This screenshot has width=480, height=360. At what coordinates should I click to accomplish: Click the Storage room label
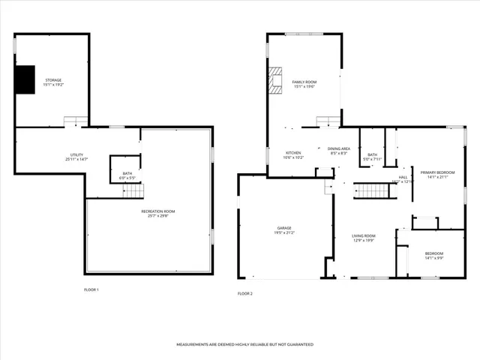point(52,80)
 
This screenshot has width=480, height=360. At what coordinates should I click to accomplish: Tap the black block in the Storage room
point(26,79)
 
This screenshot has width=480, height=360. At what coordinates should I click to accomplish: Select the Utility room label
point(76,155)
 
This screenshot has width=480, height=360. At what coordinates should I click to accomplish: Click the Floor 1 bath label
point(127,174)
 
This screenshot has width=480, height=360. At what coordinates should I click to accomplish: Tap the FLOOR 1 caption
point(91,289)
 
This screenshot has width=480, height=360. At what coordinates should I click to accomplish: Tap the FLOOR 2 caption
point(245,293)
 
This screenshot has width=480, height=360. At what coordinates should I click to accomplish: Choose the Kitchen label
point(292,153)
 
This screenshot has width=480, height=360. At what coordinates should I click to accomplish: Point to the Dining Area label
point(339,148)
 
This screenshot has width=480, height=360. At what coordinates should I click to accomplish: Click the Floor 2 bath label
point(373,154)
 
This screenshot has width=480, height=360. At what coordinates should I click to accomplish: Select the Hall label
point(403,177)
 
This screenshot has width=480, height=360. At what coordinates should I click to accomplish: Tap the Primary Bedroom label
point(437,172)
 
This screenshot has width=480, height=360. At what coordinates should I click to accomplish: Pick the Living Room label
point(364,236)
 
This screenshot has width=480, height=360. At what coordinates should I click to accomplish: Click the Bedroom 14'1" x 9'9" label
point(434,253)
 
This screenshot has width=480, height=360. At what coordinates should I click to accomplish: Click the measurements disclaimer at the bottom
point(244,344)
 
